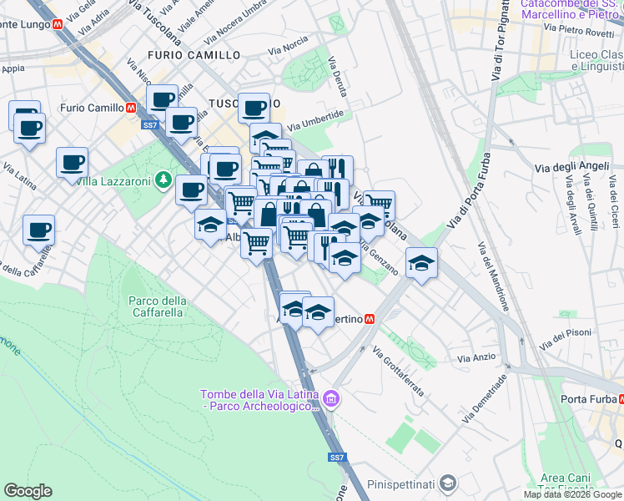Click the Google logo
click(28, 491)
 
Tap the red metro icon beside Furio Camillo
click(131, 108)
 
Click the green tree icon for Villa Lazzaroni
click(164, 180)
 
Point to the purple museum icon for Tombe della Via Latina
click(332, 401)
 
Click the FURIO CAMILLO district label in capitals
click(194, 55)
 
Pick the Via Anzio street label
click(476, 357)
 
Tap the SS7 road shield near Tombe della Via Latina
click(336, 458)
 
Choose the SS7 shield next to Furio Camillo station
click(149, 125)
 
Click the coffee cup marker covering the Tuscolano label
click(254, 107)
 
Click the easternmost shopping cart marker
click(379, 204)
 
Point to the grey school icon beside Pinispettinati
click(448, 483)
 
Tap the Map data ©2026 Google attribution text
click(572, 494)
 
